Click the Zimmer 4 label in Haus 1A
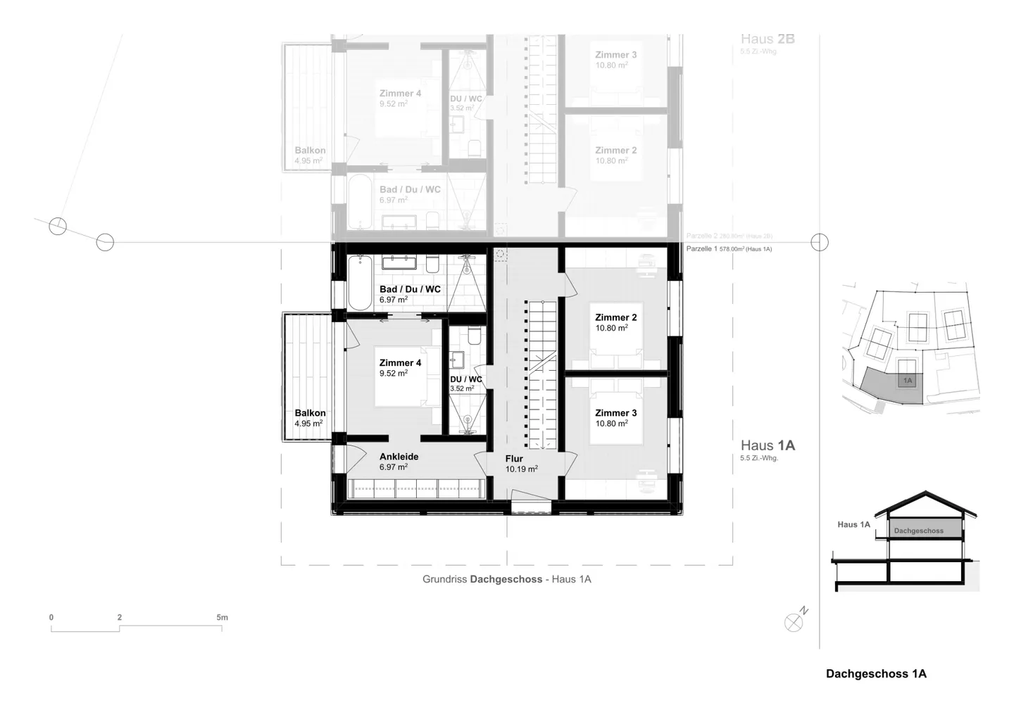(x=400, y=363)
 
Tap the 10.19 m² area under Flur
(x=521, y=469)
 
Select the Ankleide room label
(x=399, y=457)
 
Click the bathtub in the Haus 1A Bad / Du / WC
(x=359, y=283)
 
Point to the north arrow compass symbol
(x=794, y=623)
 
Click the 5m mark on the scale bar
(x=222, y=618)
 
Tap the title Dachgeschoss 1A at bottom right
(x=876, y=674)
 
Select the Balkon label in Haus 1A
(x=310, y=413)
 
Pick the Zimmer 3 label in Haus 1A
(x=615, y=413)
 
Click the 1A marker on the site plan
(x=908, y=381)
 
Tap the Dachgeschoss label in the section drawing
(x=918, y=531)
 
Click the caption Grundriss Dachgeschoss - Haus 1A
(x=506, y=580)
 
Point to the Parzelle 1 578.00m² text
(x=729, y=249)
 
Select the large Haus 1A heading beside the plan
(x=768, y=445)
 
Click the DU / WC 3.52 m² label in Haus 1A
(x=466, y=383)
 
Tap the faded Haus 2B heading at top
(x=768, y=39)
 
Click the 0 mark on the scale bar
(x=51, y=618)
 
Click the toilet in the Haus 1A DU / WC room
(x=473, y=335)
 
